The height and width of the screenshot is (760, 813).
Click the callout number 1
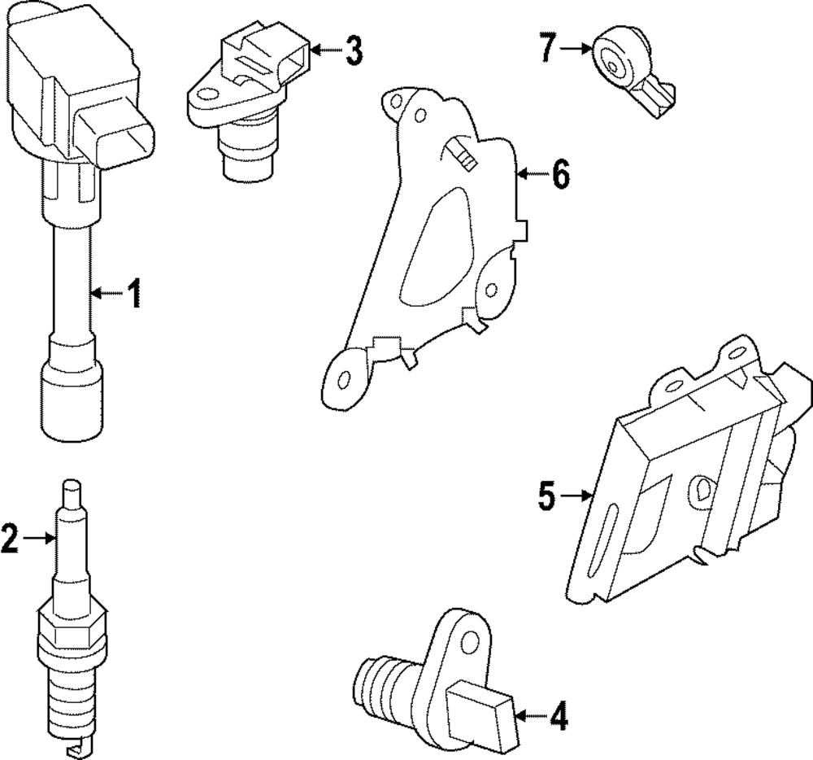(x=133, y=294)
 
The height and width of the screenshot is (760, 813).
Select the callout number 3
(x=352, y=50)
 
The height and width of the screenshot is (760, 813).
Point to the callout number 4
(x=558, y=717)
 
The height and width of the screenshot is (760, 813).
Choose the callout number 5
(x=546, y=495)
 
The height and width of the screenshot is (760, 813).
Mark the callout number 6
(x=560, y=174)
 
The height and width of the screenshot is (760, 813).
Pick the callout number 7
(x=547, y=49)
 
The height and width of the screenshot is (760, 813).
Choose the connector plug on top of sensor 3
(x=268, y=53)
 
